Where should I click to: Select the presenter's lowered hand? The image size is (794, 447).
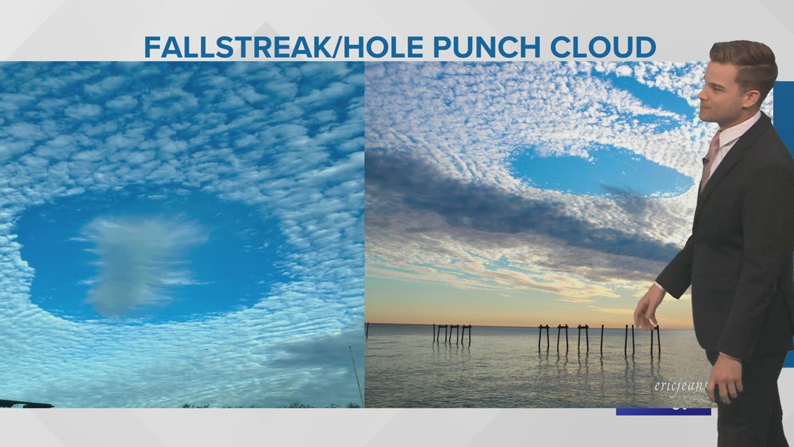(x=646, y=310)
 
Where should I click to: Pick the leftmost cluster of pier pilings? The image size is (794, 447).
(x=451, y=334)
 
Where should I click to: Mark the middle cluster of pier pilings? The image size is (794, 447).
(x=563, y=338)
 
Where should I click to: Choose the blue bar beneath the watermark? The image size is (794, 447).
(x=662, y=411)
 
